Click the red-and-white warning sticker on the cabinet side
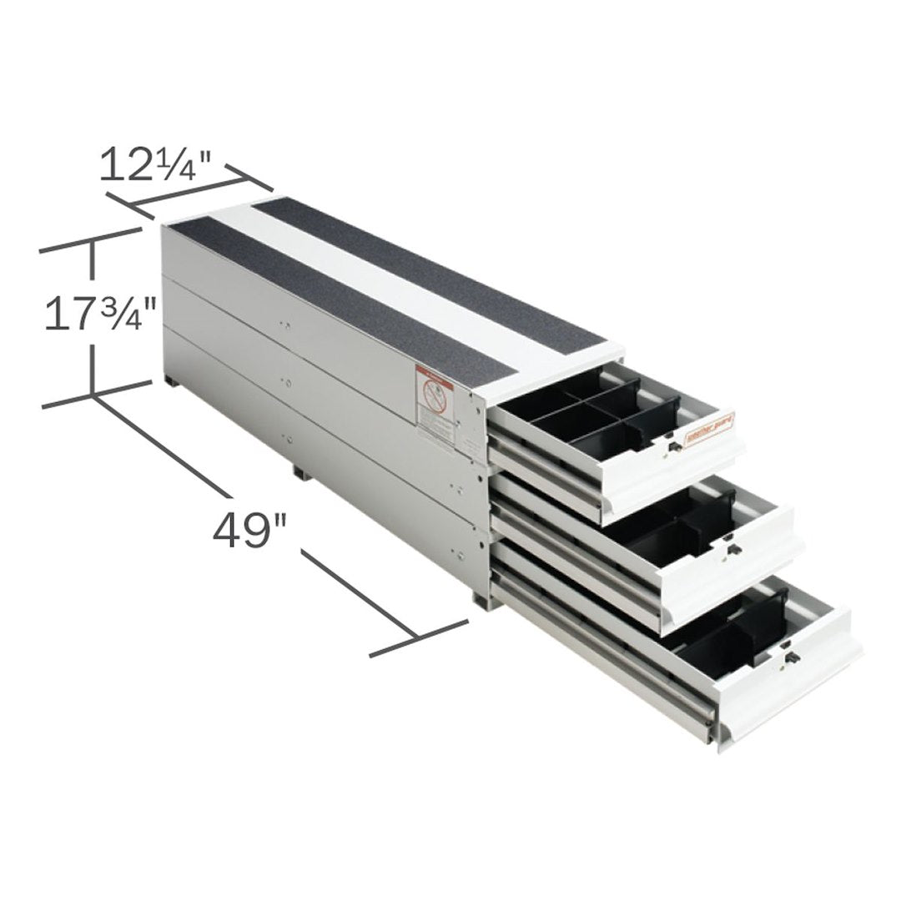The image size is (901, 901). point(431,404)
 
